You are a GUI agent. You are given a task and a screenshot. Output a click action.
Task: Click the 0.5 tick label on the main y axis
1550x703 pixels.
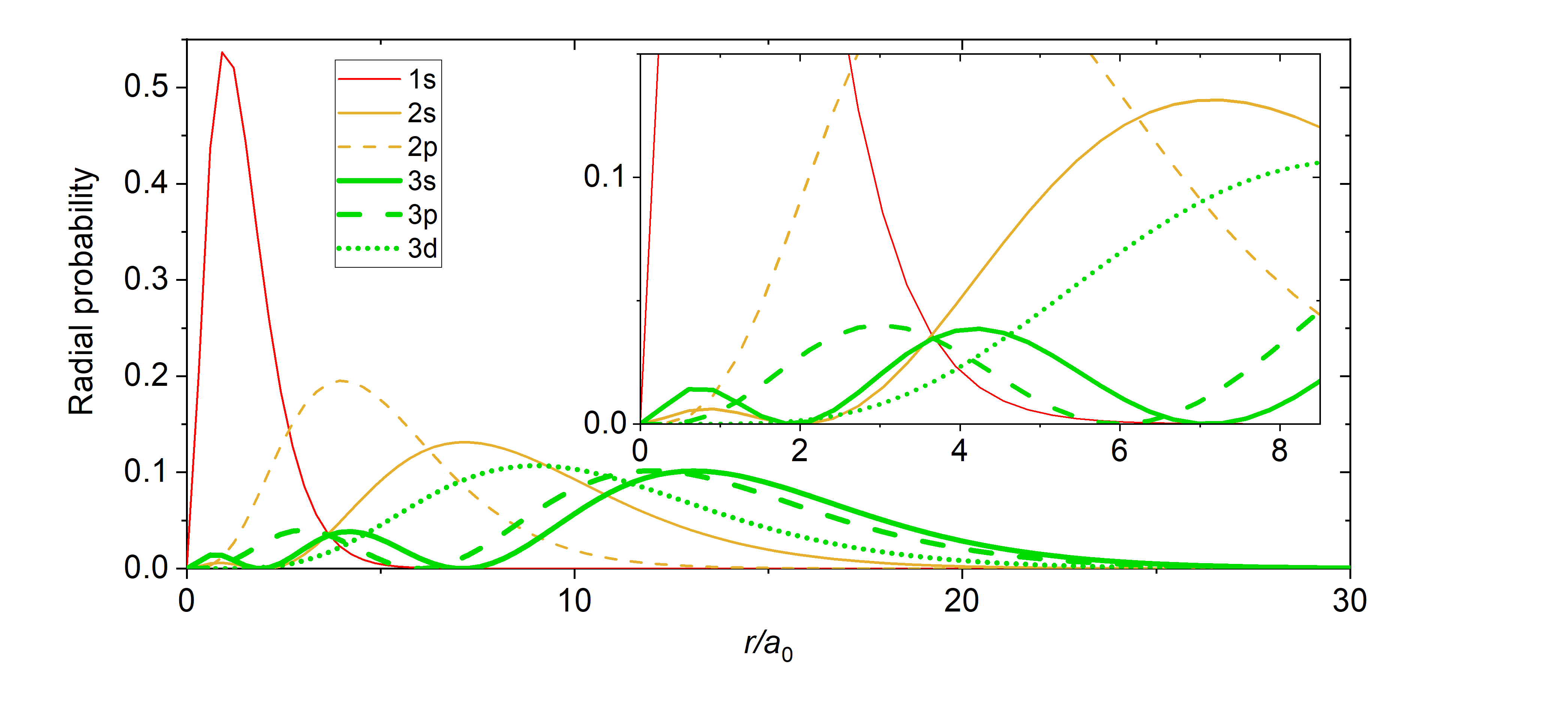click(146, 87)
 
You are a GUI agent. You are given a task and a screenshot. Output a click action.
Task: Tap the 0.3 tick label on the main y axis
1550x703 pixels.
click(146, 279)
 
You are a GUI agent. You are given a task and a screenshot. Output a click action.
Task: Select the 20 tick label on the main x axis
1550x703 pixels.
click(961, 601)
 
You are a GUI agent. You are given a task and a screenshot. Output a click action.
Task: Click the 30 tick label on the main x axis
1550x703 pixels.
click(1350, 601)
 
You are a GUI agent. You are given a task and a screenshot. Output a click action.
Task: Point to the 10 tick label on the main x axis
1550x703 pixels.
click(575, 601)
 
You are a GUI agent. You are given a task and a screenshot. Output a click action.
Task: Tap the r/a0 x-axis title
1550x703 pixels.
click(768, 646)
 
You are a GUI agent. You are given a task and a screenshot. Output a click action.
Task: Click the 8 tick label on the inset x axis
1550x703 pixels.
click(1280, 451)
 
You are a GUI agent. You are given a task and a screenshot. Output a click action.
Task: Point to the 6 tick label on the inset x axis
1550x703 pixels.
click(1119, 451)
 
